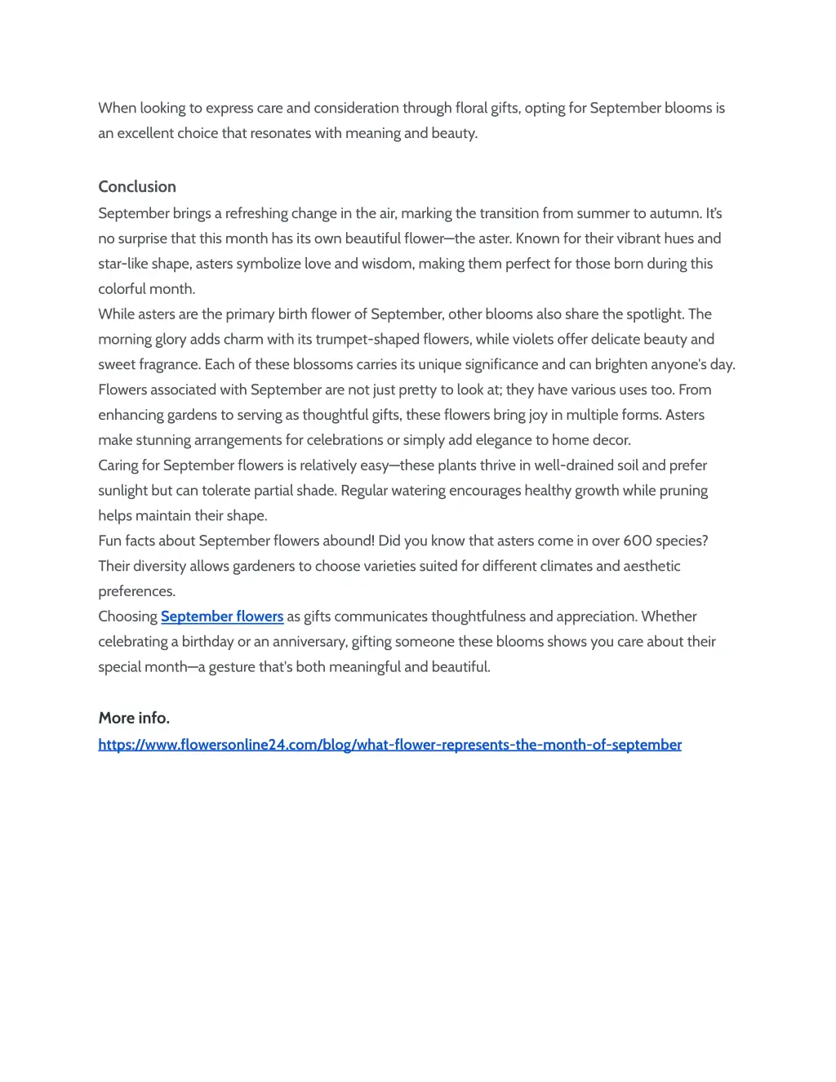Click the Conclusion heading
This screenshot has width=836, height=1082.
coord(137,187)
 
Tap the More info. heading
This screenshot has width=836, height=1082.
coord(134,718)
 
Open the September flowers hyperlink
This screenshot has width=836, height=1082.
coord(222,617)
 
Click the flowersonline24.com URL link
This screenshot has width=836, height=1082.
coord(389,745)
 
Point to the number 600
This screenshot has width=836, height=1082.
coord(638,541)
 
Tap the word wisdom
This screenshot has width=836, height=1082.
coord(386,264)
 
